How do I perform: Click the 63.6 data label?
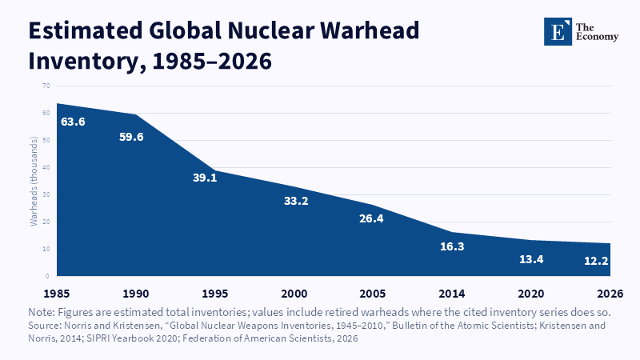click(73, 122)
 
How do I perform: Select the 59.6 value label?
click(131, 137)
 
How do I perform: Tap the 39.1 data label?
click(205, 178)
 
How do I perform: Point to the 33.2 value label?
click(296, 201)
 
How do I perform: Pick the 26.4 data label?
click(371, 218)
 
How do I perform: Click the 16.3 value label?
click(452, 246)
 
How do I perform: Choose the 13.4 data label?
click(531, 259)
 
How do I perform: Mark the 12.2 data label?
click(596, 261)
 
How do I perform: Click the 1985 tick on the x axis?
click(57, 294)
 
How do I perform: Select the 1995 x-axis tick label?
click(215, 294)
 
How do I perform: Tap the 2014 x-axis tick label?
click(452, 294)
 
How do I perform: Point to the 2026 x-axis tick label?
click(610, 294)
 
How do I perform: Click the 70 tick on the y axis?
click(46, 86)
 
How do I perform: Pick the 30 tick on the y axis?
click(46, 194)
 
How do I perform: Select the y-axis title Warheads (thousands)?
click(34, 182)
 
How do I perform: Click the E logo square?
click(558, 31)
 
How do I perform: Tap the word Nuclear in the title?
click(270, 30)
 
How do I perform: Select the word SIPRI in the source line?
click(97, 338)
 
